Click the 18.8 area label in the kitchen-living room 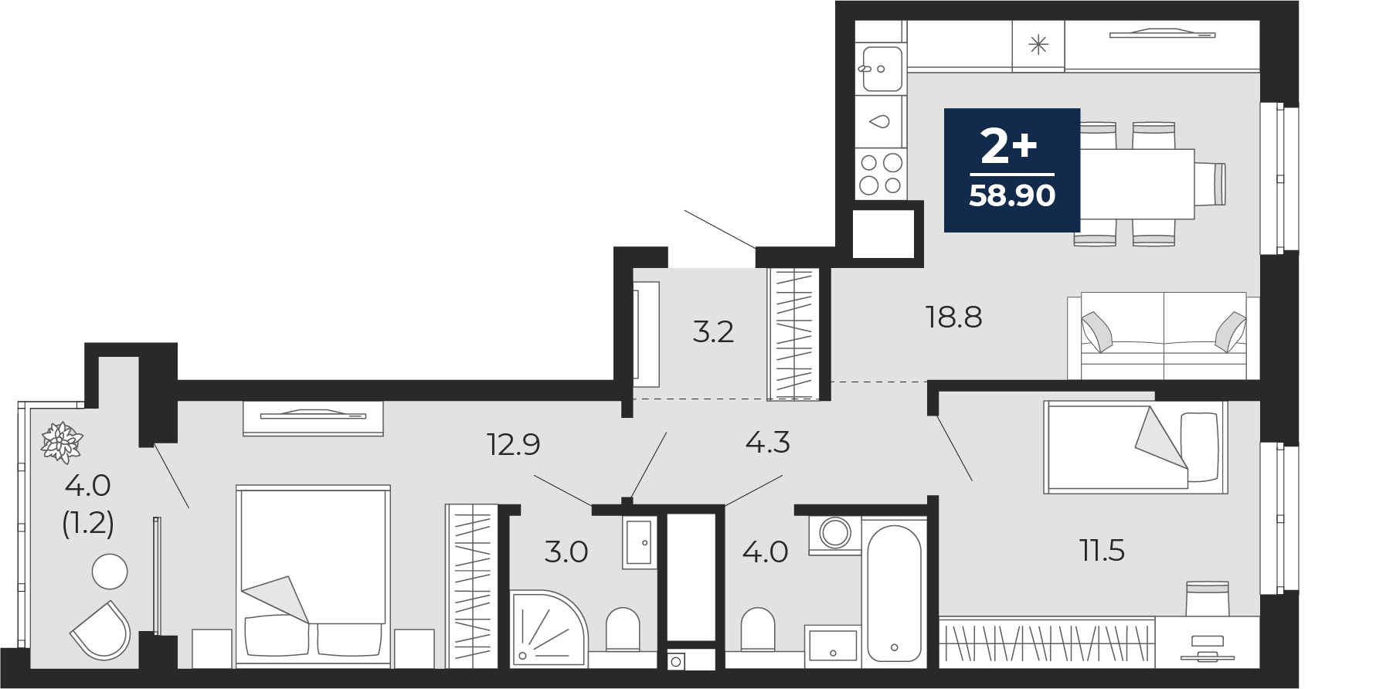953,317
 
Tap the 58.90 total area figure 1012,195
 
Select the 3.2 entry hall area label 713,331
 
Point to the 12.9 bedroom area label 514,444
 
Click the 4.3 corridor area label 767,443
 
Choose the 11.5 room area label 1102,551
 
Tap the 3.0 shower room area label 566,552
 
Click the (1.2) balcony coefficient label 88,524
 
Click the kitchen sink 880,69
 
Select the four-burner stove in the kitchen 881,174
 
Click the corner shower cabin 549,627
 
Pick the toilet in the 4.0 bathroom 757,630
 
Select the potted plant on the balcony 62,443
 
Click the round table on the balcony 110,572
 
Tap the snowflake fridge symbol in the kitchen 1038,45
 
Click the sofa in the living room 1164,336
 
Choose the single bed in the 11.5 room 1135,446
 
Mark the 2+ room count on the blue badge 1008,145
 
